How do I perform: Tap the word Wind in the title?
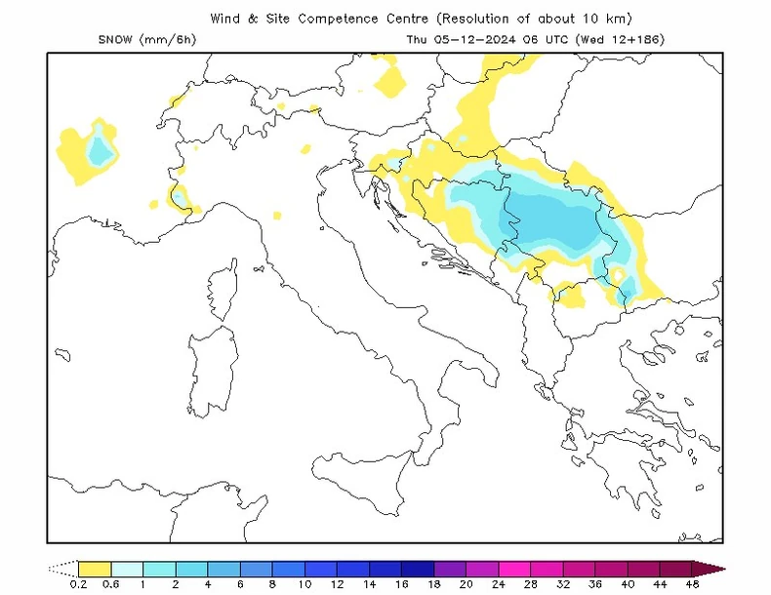click(x=226, y=18)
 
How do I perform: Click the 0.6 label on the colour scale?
click(x=110, y=583)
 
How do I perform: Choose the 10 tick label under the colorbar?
click(x=304, y=583)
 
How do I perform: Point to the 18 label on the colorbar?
click(x=433, y=583)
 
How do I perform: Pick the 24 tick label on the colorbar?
click(x=498, y=583)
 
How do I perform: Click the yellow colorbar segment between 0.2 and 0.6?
click(x=94, y=568)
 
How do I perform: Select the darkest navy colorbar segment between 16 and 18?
click(x=417, y=568)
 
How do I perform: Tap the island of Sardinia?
click(x=212, y=367)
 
